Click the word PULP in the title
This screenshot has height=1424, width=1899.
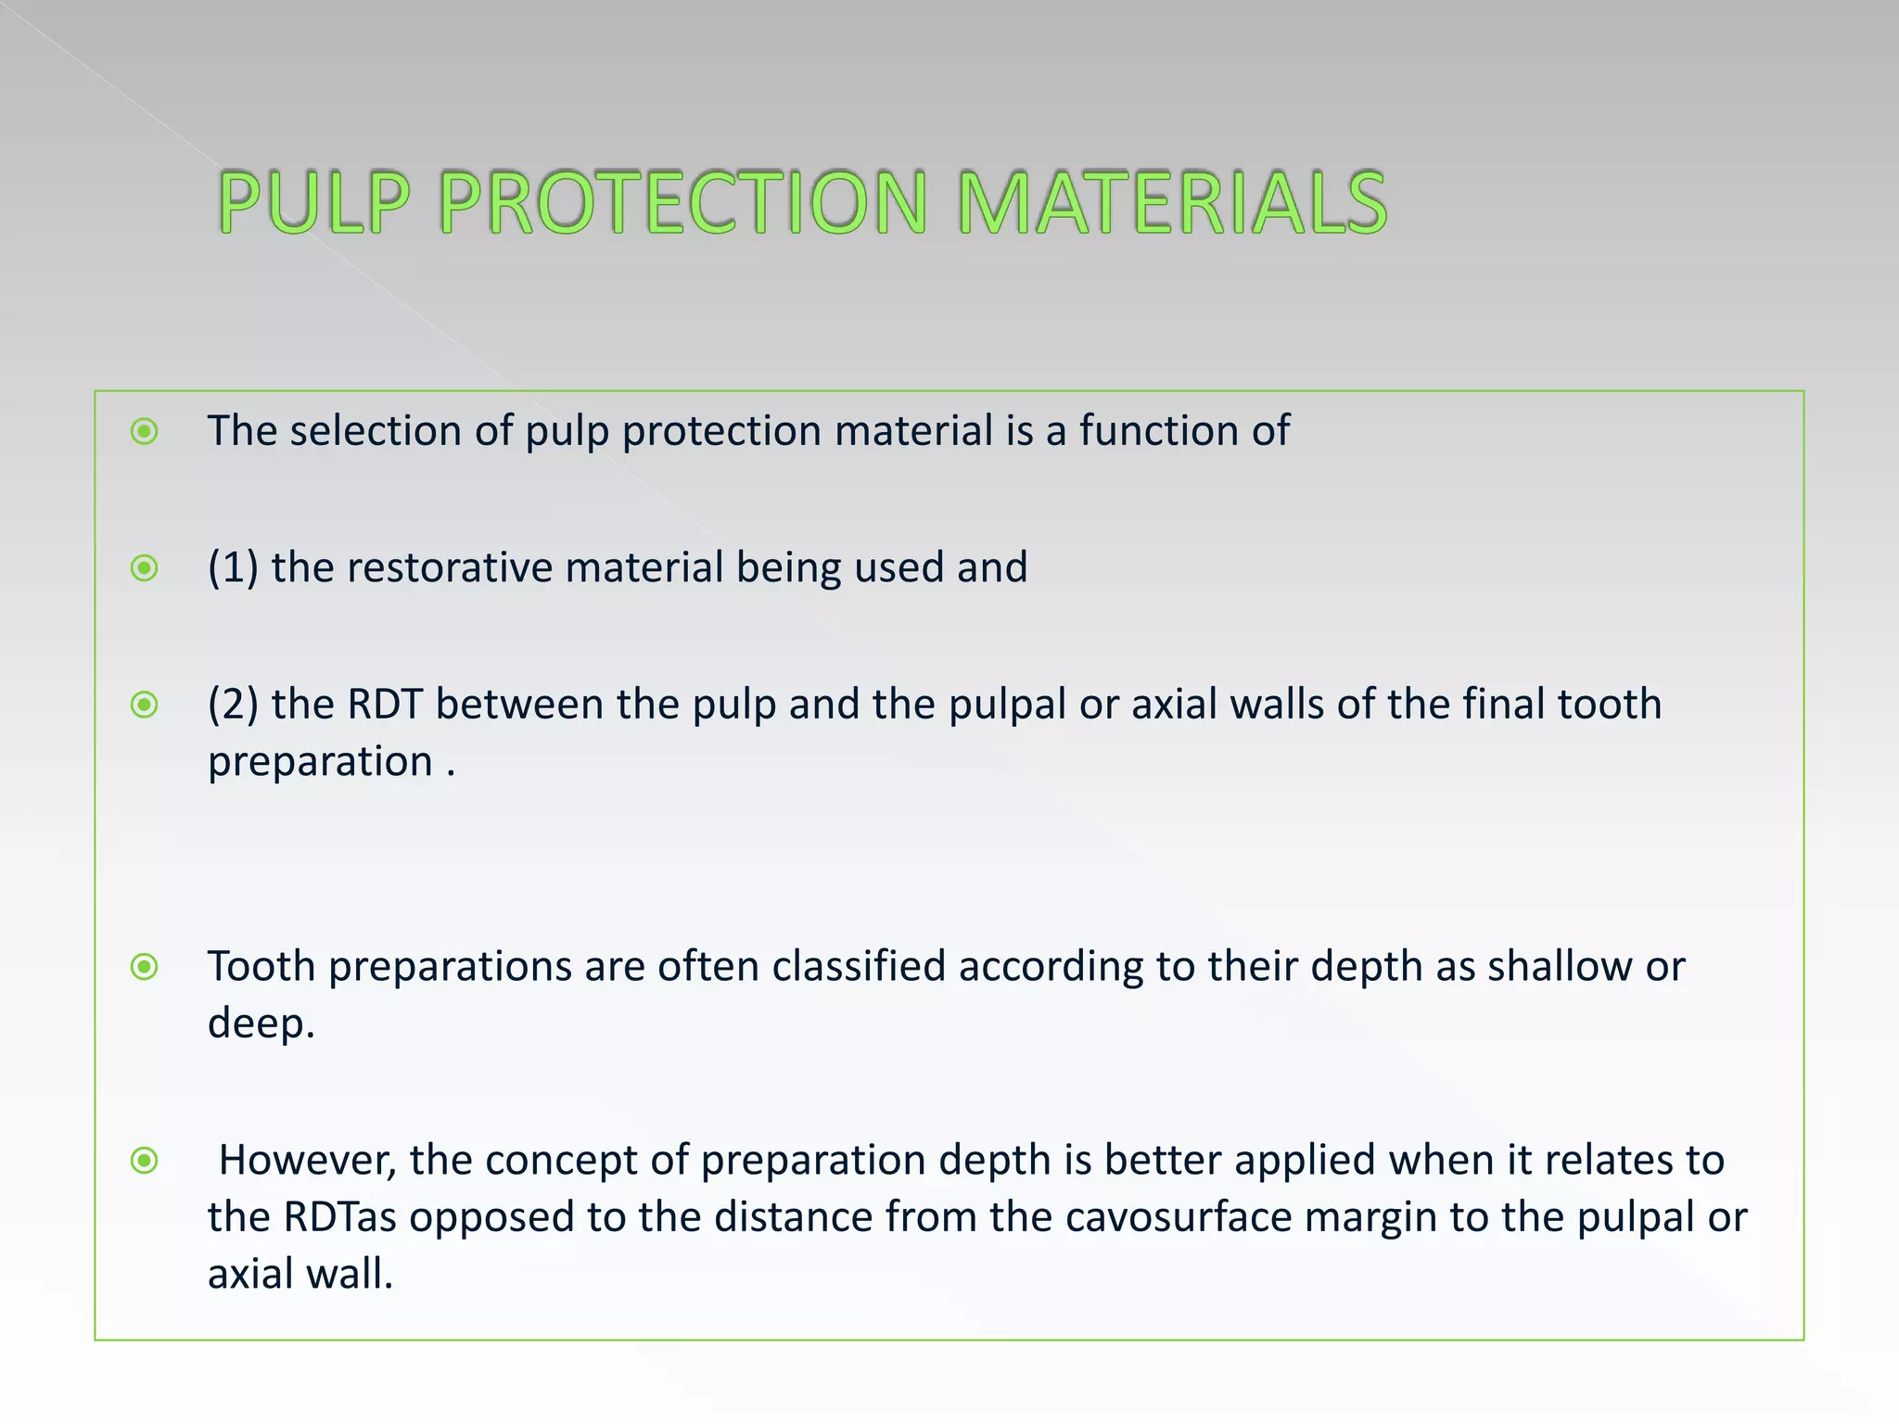313,202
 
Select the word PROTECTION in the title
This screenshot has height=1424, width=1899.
682,202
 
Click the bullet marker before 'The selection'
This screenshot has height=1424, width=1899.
145,431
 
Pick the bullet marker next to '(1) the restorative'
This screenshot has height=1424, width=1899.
145,567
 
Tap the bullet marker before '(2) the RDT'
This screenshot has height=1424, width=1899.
145,705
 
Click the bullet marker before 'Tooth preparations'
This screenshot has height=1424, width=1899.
145,967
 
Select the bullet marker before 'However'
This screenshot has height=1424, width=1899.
145,1160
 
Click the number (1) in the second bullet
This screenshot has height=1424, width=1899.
233,567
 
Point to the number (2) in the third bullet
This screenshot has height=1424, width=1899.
233,705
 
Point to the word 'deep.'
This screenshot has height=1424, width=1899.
261,1024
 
